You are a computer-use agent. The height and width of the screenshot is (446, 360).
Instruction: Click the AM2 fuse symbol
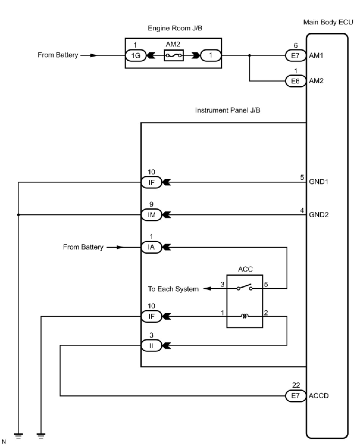(x=174, y=55)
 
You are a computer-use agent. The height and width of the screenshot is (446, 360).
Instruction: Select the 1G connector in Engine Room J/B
(x=136, y=55)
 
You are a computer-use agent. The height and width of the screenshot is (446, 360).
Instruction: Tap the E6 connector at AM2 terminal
(x=295, y=81)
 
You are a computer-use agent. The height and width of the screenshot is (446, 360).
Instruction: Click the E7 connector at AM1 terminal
(x=295, y=55)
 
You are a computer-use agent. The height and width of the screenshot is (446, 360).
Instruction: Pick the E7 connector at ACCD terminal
(x=295, y=396)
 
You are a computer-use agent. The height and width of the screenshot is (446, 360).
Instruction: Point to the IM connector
(x=151, y=215)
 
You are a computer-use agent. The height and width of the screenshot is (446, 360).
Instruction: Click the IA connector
(x=151, y=247)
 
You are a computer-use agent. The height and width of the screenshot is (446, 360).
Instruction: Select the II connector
(x=151, y=346)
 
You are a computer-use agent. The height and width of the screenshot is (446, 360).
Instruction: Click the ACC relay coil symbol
(x=245, y=316)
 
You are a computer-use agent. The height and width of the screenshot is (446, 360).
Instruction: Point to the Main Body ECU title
(x=328, y=22)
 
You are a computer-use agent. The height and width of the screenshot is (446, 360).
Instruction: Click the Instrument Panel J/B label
(x=228, y=110)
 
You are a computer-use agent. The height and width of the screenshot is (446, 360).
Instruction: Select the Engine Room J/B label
(x=175, y=28)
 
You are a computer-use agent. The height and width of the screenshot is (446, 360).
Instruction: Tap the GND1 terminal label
(x=319, y=182)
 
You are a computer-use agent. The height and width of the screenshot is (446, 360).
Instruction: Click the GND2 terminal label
(x=319, y=215)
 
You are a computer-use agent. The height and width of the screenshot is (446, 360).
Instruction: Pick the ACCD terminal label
(x=319, y=396)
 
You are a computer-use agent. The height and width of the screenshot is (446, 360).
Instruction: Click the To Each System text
(x=173, y=289)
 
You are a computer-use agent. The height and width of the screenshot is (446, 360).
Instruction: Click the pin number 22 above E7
(x=296, y=385)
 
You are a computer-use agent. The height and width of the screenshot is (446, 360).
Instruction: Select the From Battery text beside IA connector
(x=83, y=247)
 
